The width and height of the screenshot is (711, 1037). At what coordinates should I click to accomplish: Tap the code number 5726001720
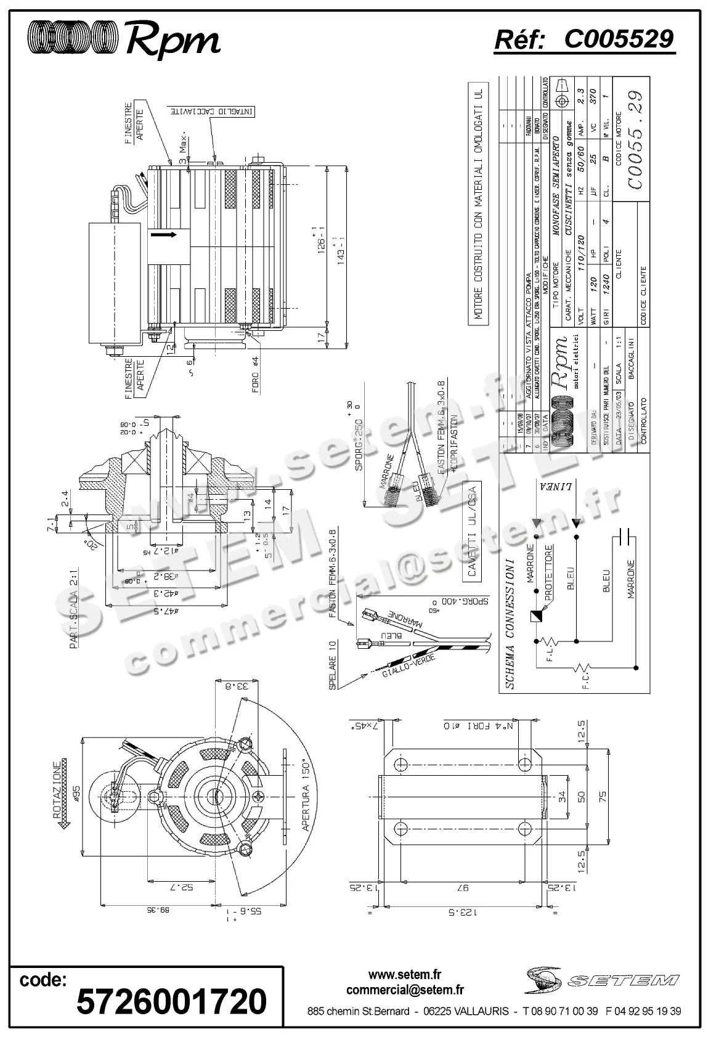(171, 1001)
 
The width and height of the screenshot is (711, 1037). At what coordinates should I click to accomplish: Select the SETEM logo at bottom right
(603, 980)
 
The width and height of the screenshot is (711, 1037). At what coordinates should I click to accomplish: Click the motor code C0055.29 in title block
(635, 140)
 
